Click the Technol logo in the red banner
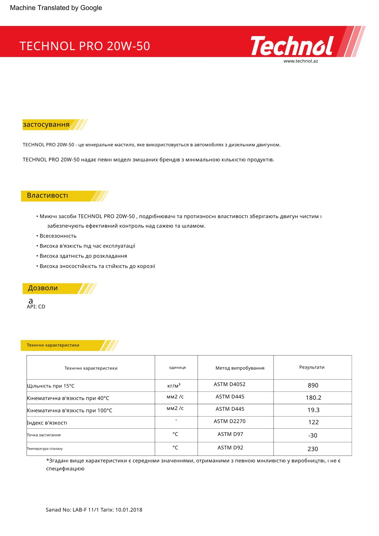pos(292,46)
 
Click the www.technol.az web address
pos(300,61)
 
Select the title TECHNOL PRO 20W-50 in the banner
pos(85,46)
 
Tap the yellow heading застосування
pos(46,125)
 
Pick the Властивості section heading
pos(47,195)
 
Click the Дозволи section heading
pos(43,288)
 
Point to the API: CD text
pos(36,307)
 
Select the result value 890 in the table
pos(313,385)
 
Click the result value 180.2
pos(313,398)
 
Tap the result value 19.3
pos(313,410)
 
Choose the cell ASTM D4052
pos(229,384)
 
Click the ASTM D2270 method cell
pos(229,421)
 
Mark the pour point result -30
pos(313,435)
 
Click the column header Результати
pos(312,367)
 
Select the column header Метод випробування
pos(240,368)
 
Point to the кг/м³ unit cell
pos(174,386)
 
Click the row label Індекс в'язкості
pos(47,423)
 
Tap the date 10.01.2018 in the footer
pos(128,510)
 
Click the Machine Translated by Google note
pos(56,8)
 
